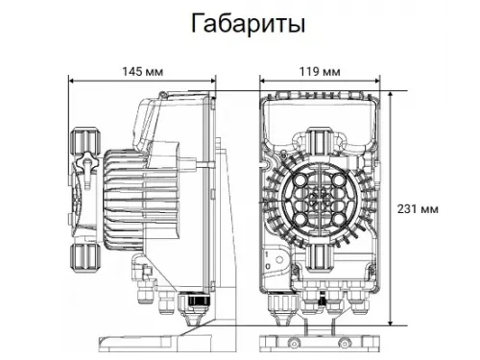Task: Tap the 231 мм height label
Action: (x=420, y=208)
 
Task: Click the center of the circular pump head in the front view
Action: (x=321, y=197)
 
